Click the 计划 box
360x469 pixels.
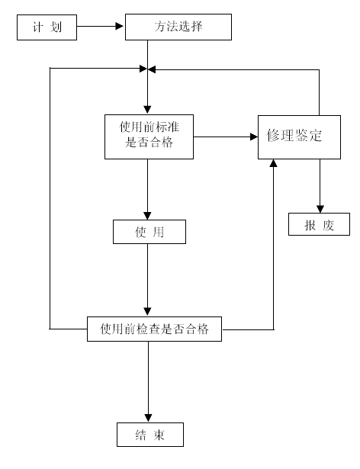click(x=47, y=27)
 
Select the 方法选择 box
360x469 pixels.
click(x=178, y=27)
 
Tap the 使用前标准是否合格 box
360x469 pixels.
click(x=149, y=137)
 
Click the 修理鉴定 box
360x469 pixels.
click(x=299, y=137)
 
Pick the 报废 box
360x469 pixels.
click(x=319, y=224)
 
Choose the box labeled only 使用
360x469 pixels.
click(x=149, y=232)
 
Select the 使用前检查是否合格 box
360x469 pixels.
click(x=154, y=329)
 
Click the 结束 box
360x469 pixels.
click(x=150, y=435)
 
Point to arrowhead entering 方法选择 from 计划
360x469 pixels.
click(x=120, y=27)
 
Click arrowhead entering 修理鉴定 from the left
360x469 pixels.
click(x=254, y=137)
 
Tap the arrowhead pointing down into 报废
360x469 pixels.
click(x=320, y=209)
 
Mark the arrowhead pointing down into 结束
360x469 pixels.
click(x=149, y=418)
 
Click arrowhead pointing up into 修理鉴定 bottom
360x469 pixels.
click(x=273, y=163)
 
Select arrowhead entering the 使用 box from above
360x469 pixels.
click(x=147, y=216)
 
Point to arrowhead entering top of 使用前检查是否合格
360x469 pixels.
click(x=147, y=312)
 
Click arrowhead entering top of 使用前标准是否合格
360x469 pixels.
click(x=147, y=110)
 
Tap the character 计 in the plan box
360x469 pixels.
click(x=37, y=27)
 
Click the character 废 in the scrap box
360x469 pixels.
click(x=328, y=225)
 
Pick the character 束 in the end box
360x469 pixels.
click(x=159, y=435)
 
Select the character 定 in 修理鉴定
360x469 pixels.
click(x=316, y=136)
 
